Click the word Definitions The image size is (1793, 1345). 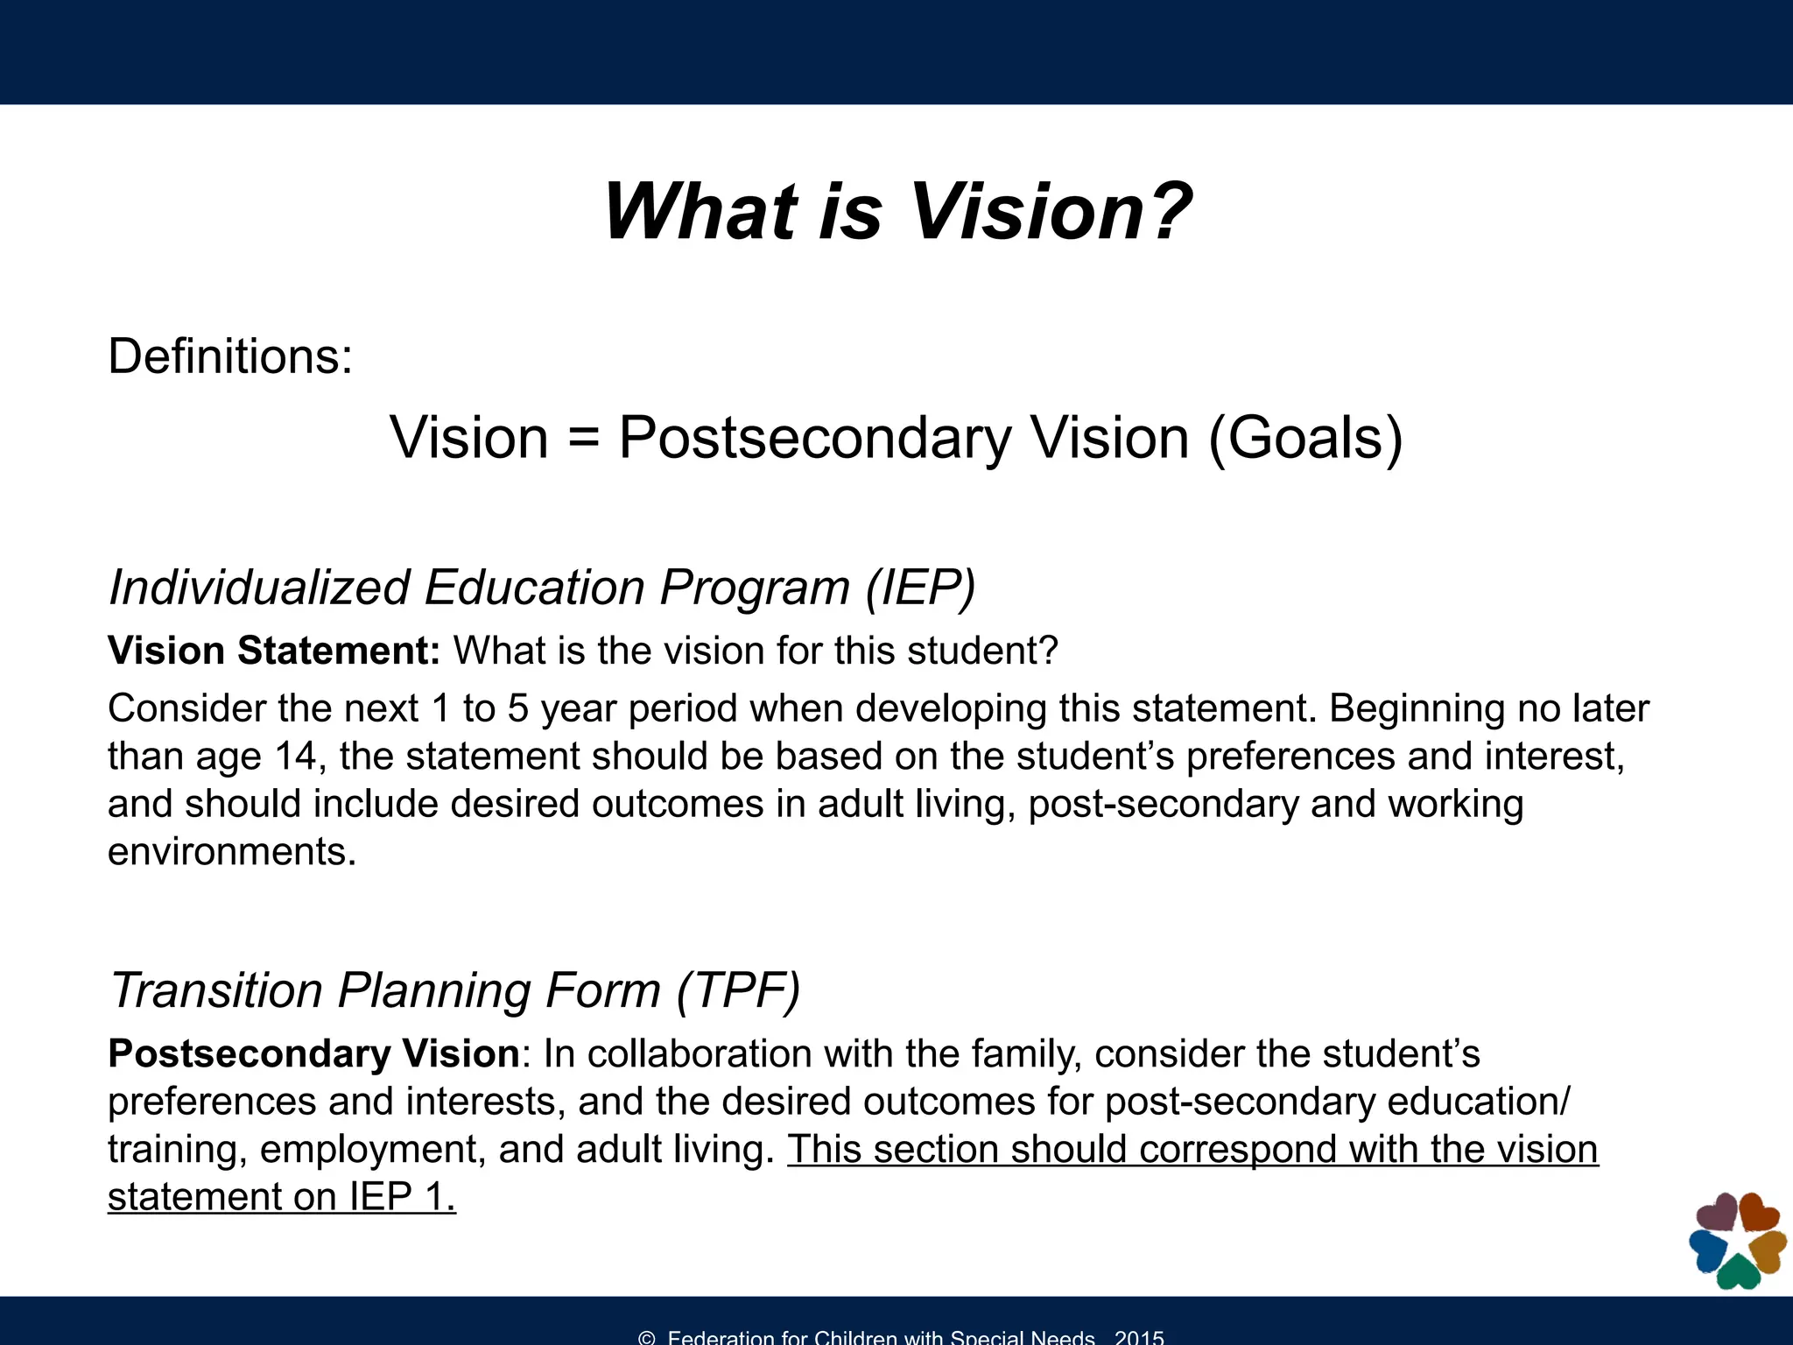[229, 356]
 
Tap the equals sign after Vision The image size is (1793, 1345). [583, 438]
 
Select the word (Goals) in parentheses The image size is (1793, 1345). [1305, 438]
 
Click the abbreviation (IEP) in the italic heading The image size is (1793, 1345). [920, 587]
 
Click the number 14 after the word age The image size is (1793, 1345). [295, 756]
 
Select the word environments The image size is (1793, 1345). [232, 851]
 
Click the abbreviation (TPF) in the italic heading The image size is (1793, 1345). [738, 990]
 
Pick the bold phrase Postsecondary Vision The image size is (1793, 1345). [314, 1053]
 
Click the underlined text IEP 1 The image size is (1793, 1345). [403, 1197]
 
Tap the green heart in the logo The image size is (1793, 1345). [1739, 1272]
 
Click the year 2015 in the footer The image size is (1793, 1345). [1139, 1337]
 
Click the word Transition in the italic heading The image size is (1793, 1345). [216, 990]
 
